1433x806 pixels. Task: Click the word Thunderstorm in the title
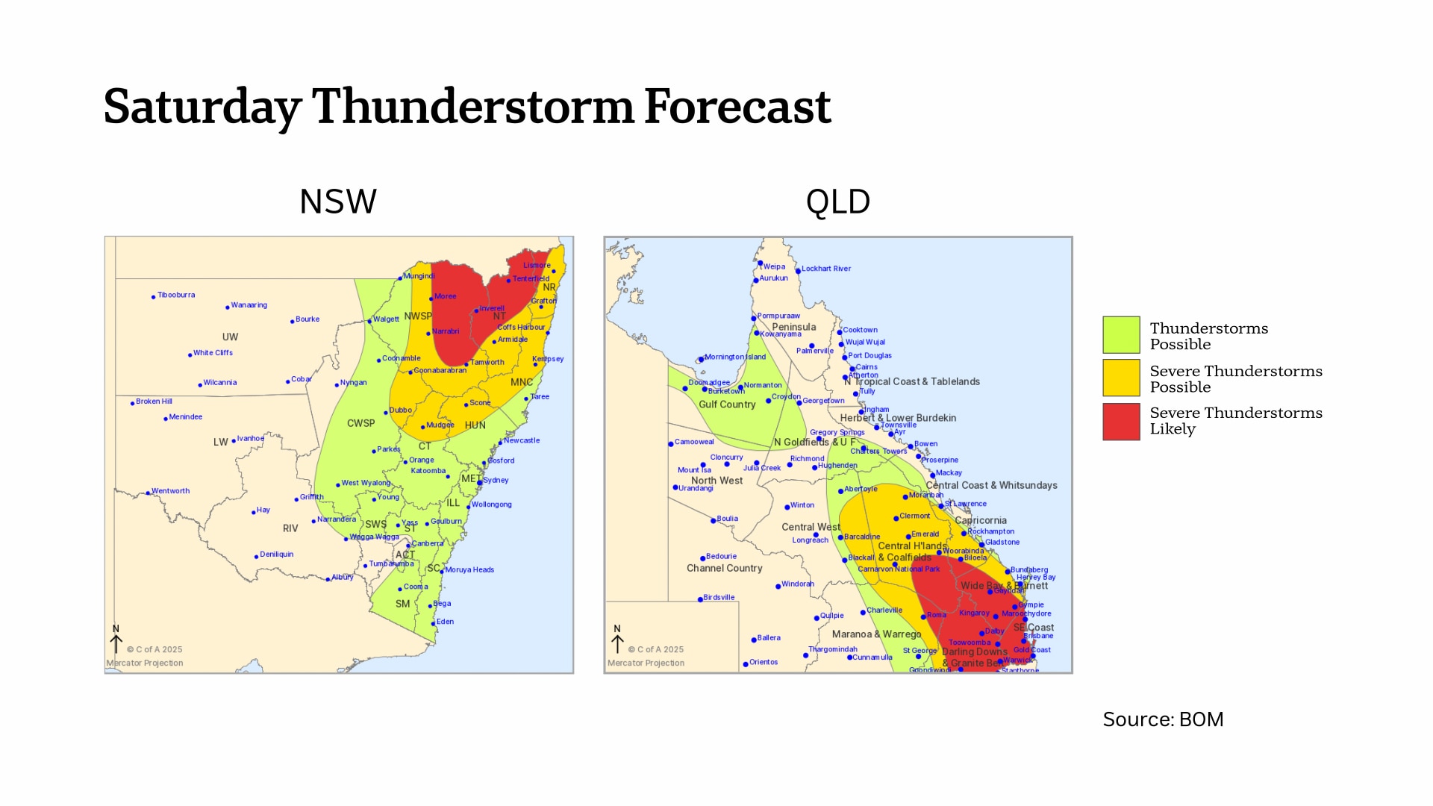click(472, 107)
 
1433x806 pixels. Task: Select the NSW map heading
click(337, 201)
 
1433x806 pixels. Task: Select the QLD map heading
click(837, 201)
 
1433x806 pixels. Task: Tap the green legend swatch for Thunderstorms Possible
click(1121, 334)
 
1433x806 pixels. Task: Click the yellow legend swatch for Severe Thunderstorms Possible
click(1121, 378)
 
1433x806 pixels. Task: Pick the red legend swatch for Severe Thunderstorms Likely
click(1121, 422)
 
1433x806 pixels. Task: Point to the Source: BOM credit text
click(1163, 719)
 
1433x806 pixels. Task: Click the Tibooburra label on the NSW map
click(176, 295)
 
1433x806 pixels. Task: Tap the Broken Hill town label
click(154, 402)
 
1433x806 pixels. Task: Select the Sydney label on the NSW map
click(496, 481)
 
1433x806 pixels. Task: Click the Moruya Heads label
click(469, 570)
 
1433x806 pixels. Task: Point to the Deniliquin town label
click(276, 554)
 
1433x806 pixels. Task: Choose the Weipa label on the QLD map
click(774, 266)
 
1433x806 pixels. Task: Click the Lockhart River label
click(825, 269)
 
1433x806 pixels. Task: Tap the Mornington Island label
click(734, 357)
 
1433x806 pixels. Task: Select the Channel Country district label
click(724, 569)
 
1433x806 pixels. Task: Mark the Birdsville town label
click(719, 598)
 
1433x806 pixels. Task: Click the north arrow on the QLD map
click(617, 640)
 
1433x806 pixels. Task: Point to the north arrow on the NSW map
click(116, 640)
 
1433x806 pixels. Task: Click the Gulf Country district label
click(727, 404)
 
